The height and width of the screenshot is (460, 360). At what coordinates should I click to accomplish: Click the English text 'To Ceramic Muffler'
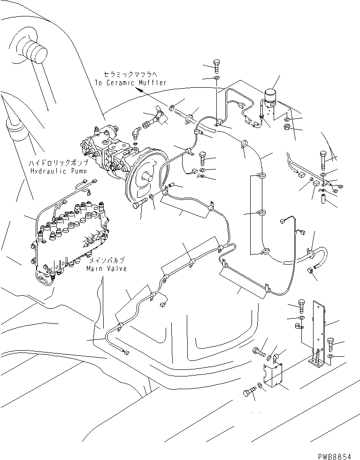click(x=130, y=83)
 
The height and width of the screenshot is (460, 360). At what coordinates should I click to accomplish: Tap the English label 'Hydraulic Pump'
click(x=59, y=171)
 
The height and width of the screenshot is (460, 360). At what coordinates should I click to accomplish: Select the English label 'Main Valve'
click(x=107, y=269)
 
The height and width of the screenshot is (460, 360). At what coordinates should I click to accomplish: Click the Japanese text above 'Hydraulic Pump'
click(x=59, y=162)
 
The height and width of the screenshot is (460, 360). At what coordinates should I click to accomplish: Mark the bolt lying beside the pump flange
click(x=141, y=204)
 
